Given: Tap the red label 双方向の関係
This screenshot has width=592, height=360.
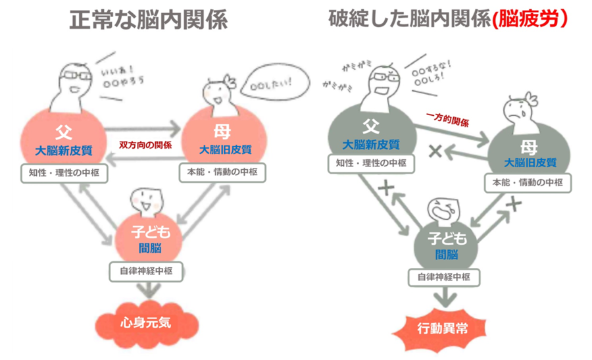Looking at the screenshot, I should point(145,145).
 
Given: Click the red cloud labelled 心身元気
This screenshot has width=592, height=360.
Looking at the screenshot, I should point(146,323).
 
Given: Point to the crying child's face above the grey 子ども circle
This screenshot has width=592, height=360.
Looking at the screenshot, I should point(443,211).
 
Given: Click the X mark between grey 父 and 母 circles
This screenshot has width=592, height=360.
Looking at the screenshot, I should point(434,151).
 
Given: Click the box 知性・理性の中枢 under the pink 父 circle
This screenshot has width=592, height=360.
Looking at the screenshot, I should point(60,174).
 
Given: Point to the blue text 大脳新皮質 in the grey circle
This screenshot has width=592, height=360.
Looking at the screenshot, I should point(370,143).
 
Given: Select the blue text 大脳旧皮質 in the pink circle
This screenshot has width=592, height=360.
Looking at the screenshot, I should point(225,150).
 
